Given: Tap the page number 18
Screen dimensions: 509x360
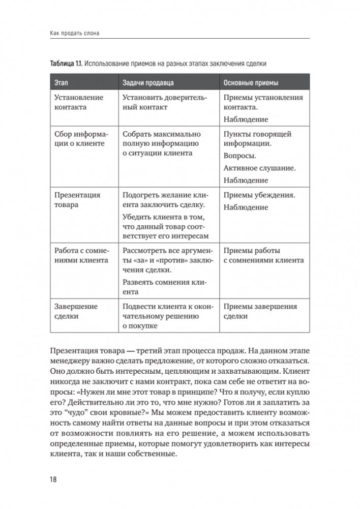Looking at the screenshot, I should [54, 480].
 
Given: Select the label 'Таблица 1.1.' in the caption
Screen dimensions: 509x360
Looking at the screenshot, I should [66, 64].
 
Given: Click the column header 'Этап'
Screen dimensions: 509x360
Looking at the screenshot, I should [61, 82].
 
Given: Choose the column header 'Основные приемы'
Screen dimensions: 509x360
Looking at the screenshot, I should [251, 82].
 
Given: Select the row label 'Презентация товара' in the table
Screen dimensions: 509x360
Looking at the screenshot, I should [77, 200].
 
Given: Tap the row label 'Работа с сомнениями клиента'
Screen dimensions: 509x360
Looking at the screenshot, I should [81, 255].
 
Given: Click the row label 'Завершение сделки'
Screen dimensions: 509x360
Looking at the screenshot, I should [76, 311].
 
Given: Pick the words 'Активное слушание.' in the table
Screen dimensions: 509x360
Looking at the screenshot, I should [259, 168].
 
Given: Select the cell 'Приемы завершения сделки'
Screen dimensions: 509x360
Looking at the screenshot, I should [260, 311].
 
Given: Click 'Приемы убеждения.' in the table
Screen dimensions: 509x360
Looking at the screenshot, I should [259, 195].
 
